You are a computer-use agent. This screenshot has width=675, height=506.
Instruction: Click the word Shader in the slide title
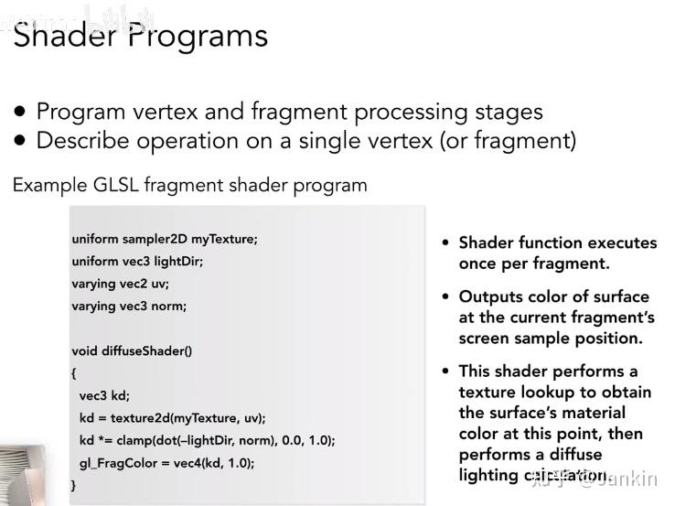tap(64, 36)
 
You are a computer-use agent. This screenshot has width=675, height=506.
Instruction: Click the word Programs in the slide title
tap(197, 37)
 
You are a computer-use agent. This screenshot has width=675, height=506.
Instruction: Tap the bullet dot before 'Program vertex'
tap(20, 112)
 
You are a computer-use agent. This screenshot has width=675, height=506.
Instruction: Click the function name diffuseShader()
tap(147, 350)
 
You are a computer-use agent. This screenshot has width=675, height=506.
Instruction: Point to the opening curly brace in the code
tap(74, 373)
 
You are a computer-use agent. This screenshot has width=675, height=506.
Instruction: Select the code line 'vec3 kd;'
tap(104, 395)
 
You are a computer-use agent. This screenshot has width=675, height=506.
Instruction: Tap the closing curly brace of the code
tap(74, 485)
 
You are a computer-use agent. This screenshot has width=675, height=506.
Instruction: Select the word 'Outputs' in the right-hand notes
tap(491, 296)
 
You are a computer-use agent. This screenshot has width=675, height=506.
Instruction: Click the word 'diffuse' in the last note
tap(571, 454)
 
